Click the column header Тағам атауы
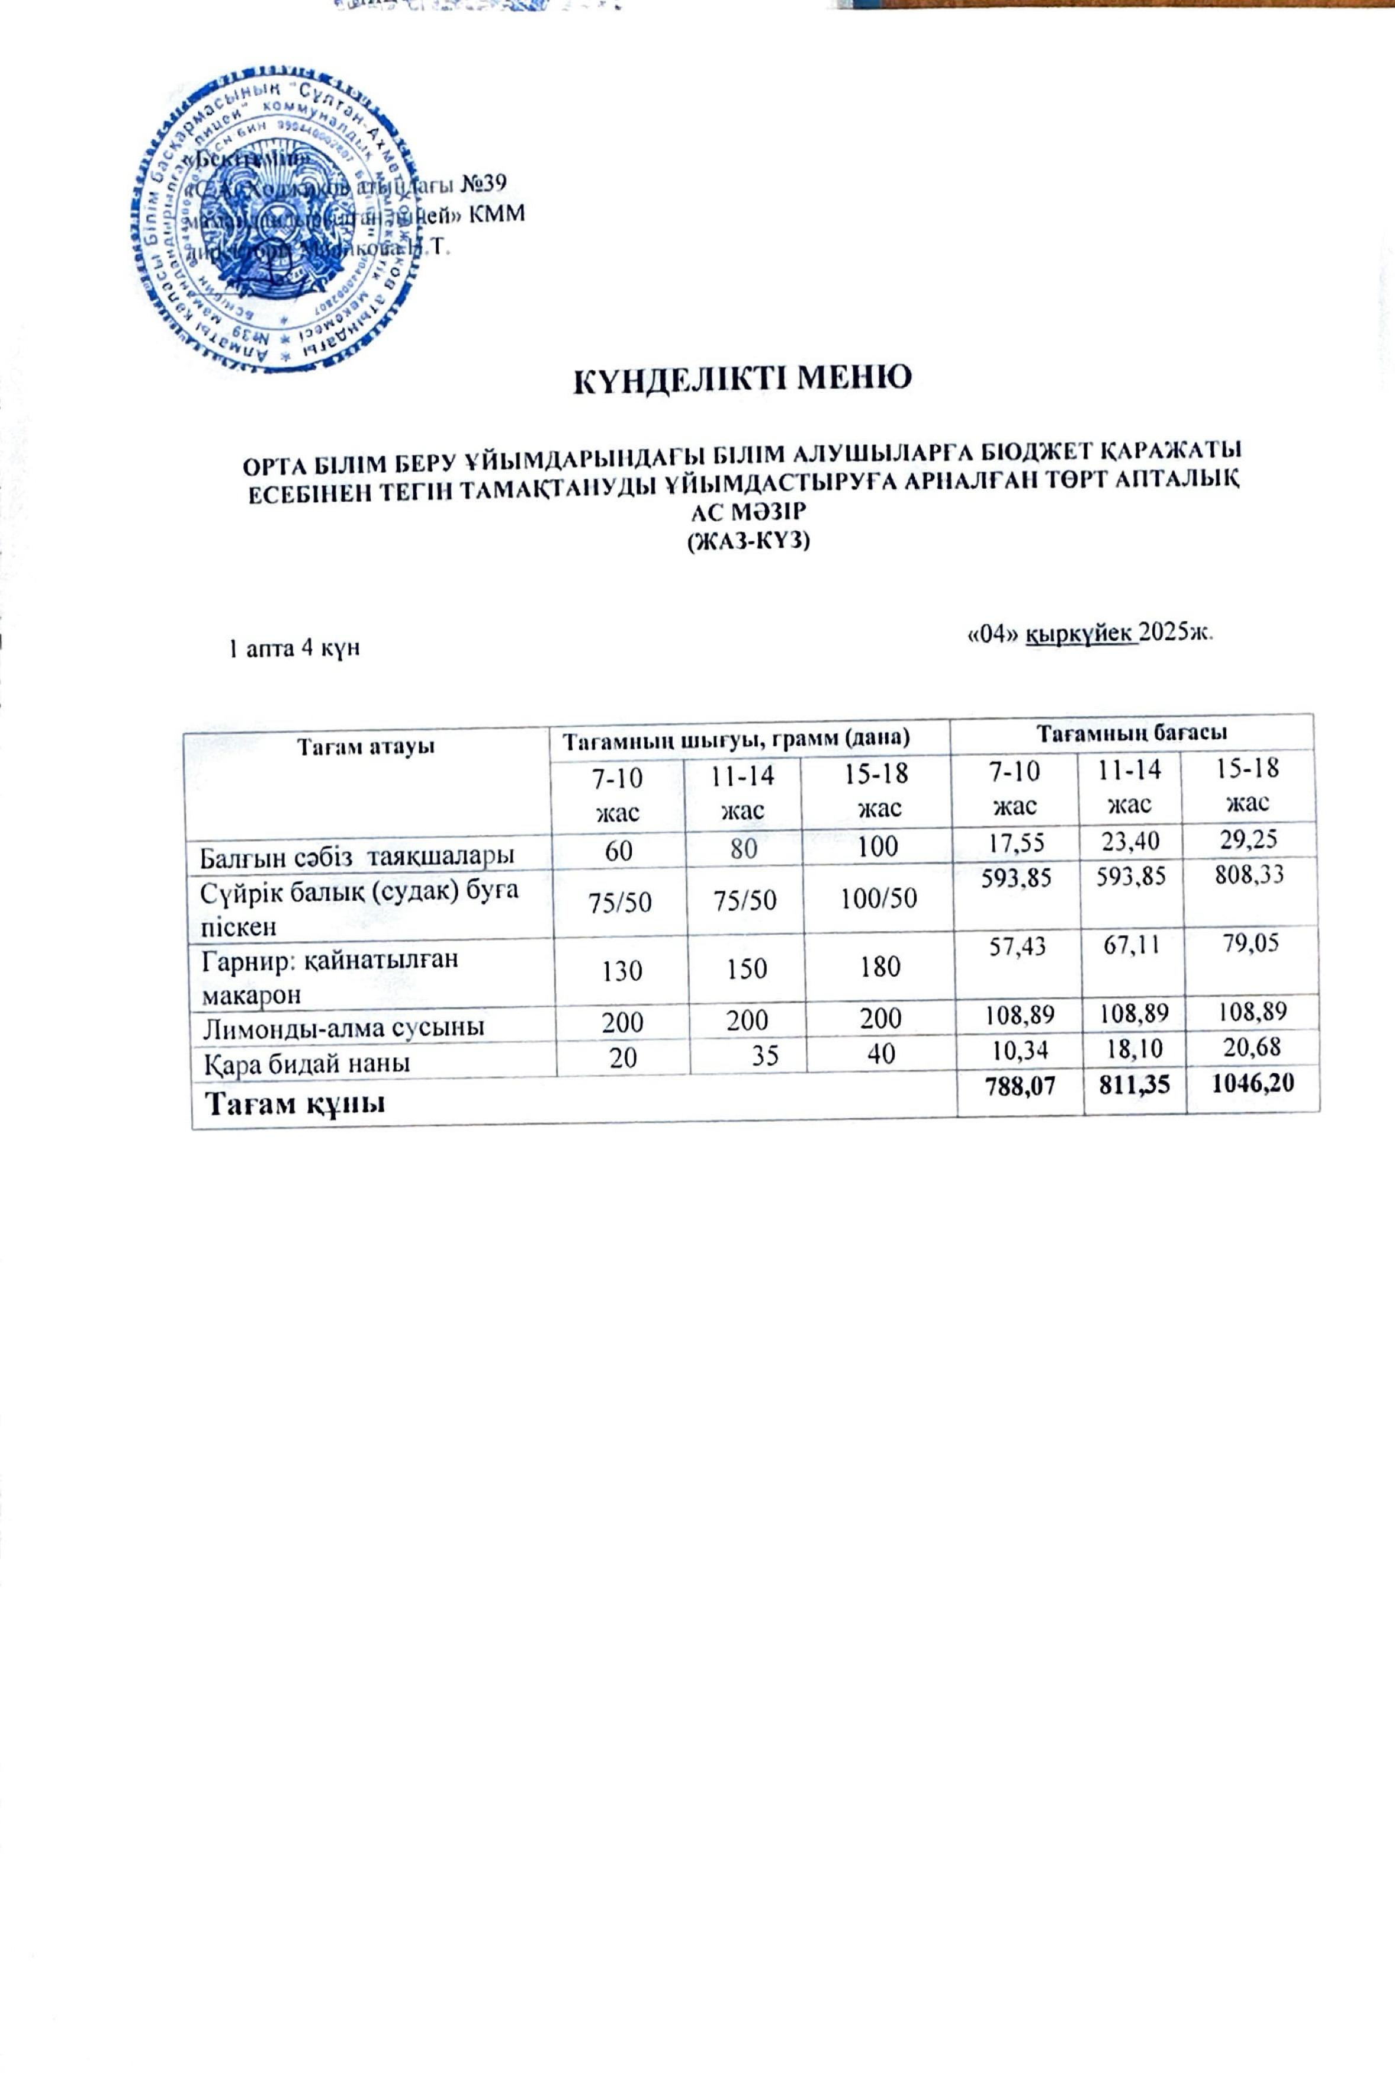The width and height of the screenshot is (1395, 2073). coord(366,746)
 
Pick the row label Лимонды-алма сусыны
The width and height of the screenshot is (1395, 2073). coord(342,1028)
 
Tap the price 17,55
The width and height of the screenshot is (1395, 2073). coord(1018,842)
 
